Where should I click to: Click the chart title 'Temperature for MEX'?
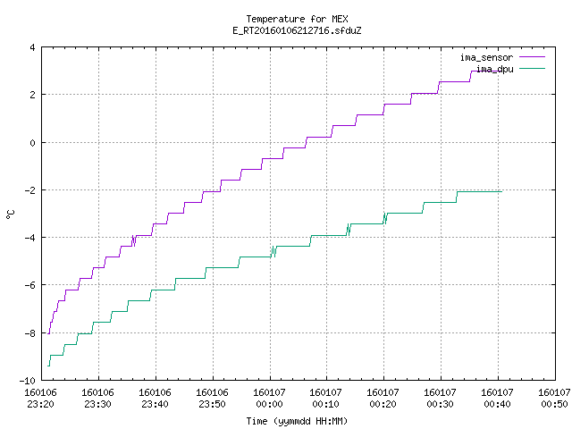pyautogui.click(x=297, y=19)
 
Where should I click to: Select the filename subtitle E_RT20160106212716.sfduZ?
pyautogui.click(x=297, y=30)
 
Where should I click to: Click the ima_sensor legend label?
pyautogui.click(x=486, y=57)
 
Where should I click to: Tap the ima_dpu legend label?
pyautogui.click(x=494, y=69)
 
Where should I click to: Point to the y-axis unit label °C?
pyautogui.click(x=10, y=214)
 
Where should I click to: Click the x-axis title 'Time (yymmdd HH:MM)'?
pyautogui.click(x=297, y=421)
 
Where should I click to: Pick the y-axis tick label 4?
pyautogui.click(x=33, y=47)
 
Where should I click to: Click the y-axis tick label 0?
pyautogui.click(x=33, y=143)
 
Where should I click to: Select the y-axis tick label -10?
pyautogui.click(x=28, y=381)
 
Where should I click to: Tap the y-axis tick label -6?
pyautogui.click(x=29, y=285)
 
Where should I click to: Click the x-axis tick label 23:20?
pyautogui.click(x=40, y=404)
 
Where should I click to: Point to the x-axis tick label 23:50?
pyautogui.click(x=213, y=404)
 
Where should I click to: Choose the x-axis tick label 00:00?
pyautogui.click(x=270, y=404)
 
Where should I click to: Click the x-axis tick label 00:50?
pyautogui.click(x=554, y=404)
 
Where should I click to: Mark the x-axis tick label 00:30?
pyautogui.click(x=440, y=404)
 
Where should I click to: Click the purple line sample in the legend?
pyautogui.click(x=533, y=57)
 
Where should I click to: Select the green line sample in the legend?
pyautogui.click(x=533, y=68)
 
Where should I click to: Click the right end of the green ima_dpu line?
pyautogui.click(x=502, y=191)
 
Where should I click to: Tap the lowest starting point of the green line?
pyautogui.click(x=48, y=366)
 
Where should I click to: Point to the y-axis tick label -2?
pyautogui.click(x=29, y=190)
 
